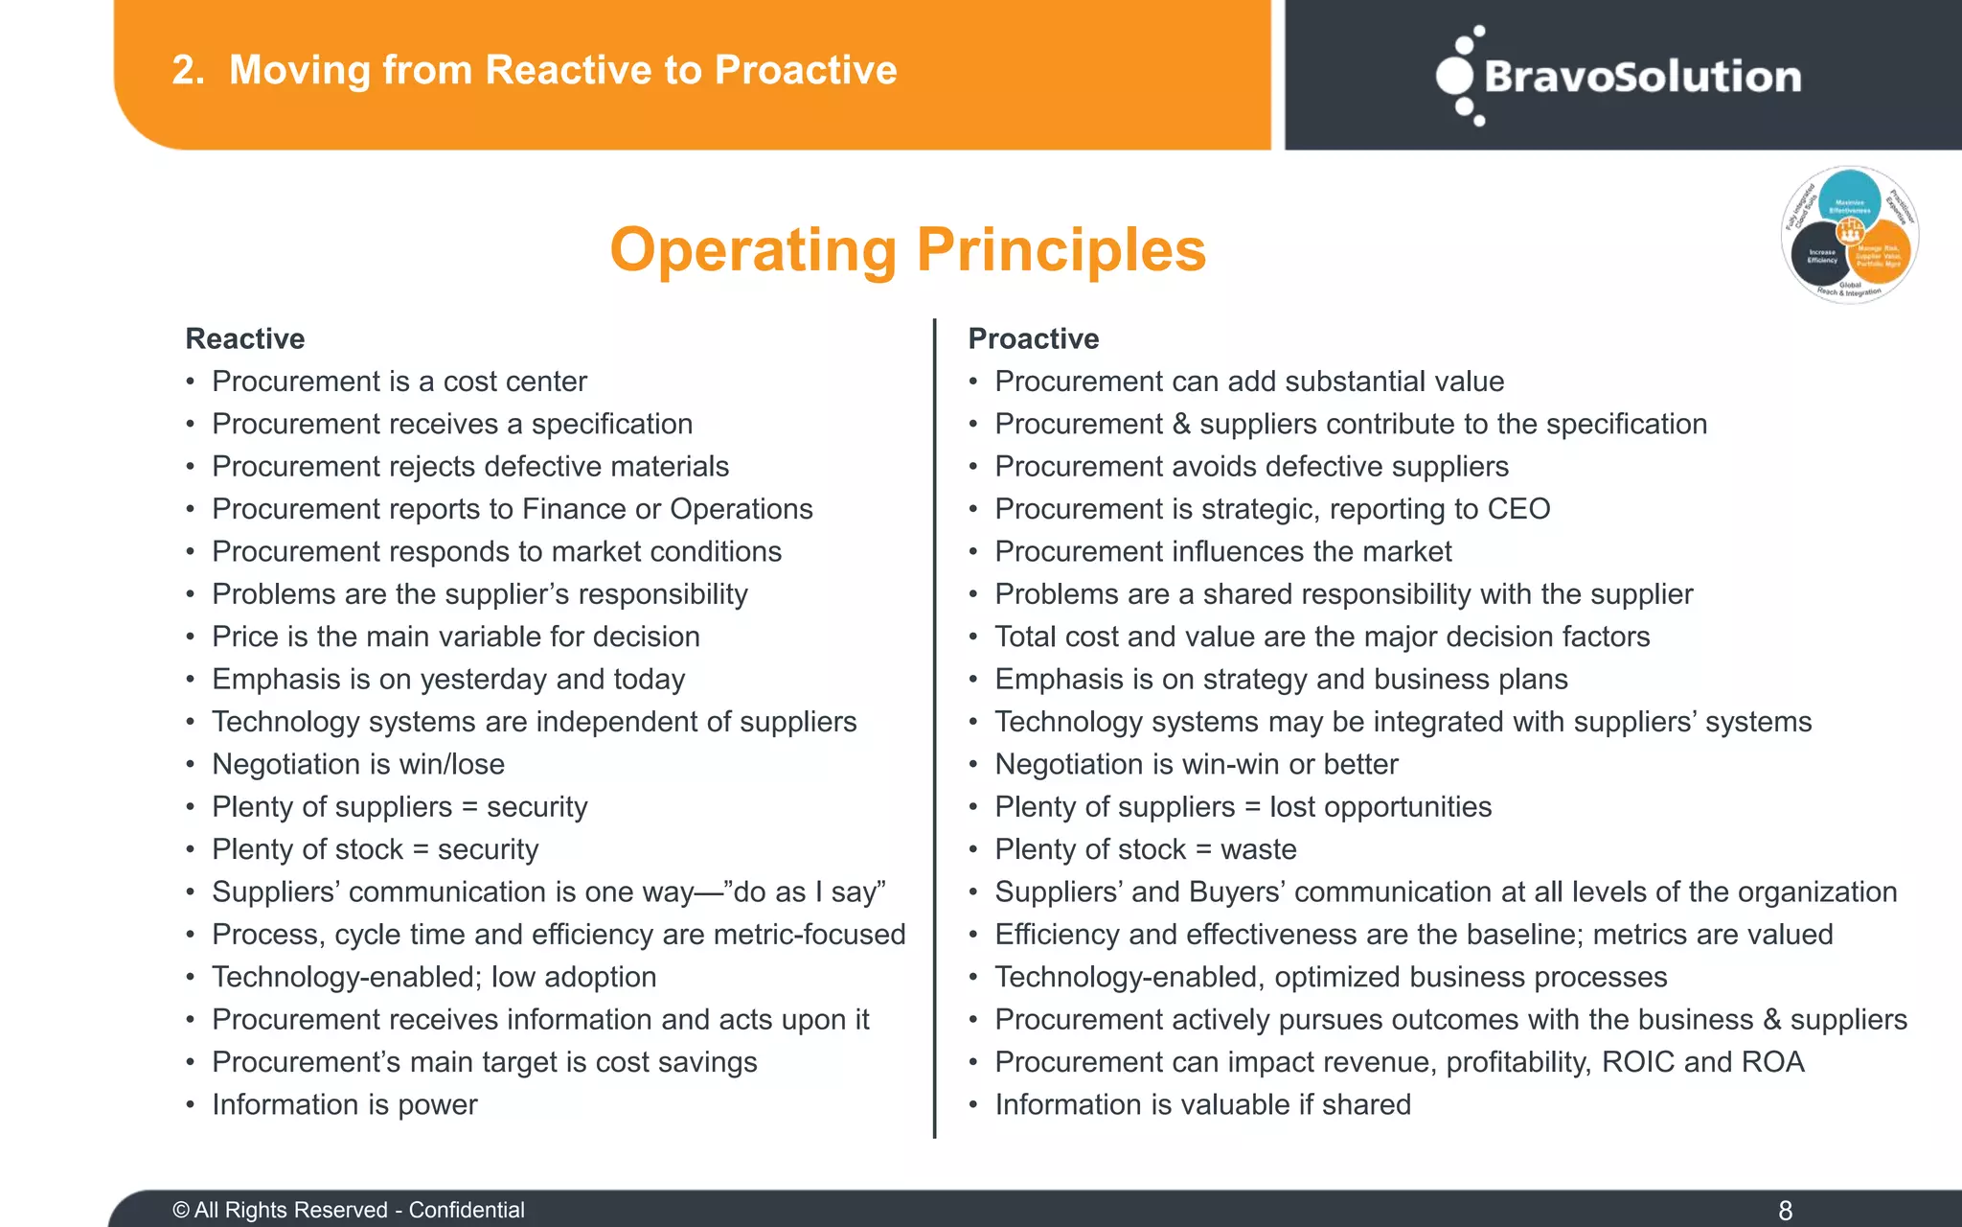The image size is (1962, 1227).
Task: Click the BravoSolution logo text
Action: (1642, 77)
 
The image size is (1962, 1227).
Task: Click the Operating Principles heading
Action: (907, 250)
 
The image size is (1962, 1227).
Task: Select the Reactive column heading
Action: (245, 338)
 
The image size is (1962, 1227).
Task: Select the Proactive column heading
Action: (1033, 338)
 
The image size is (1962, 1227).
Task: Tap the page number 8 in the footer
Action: (1785, 1210)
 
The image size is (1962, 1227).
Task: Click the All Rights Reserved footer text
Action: (349, 1210)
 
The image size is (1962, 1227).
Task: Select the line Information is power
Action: (344, 1104)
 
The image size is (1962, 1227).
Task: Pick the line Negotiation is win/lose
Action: (357, 764)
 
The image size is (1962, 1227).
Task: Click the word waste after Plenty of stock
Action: (1258, 849)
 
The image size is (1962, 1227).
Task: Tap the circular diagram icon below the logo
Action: (1849, 235)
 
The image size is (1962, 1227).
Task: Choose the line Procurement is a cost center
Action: (399, 382)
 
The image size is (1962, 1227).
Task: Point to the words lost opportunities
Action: (1380, 807)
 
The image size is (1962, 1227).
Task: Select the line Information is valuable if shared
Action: (1202, 1104)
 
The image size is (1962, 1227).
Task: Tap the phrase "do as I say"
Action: (810, 892)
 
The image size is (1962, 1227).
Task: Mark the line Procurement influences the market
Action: (1222, 551)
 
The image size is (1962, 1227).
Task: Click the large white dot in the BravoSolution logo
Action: (1454, 76)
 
